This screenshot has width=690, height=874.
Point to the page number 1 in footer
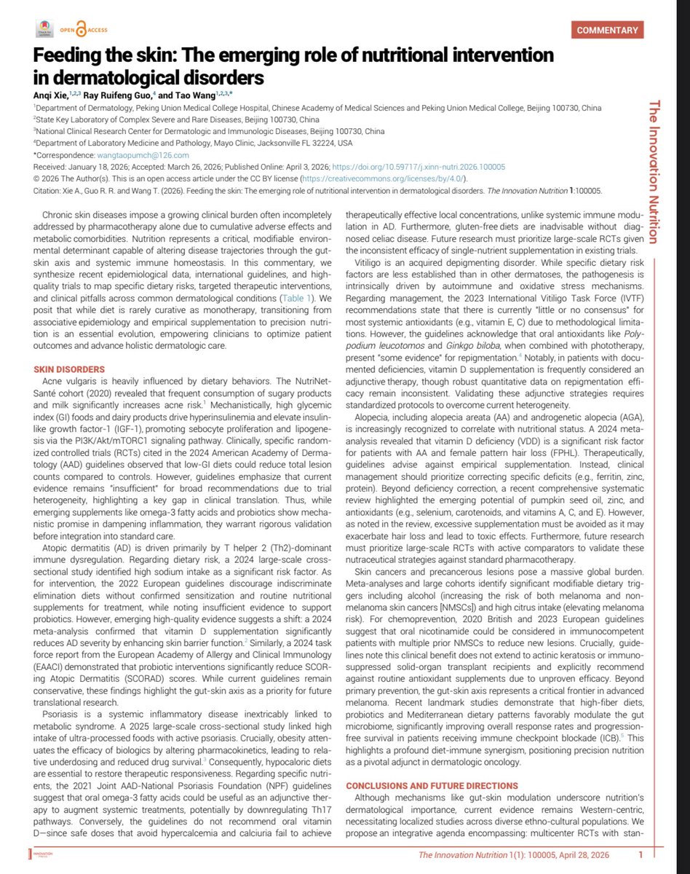639,855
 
